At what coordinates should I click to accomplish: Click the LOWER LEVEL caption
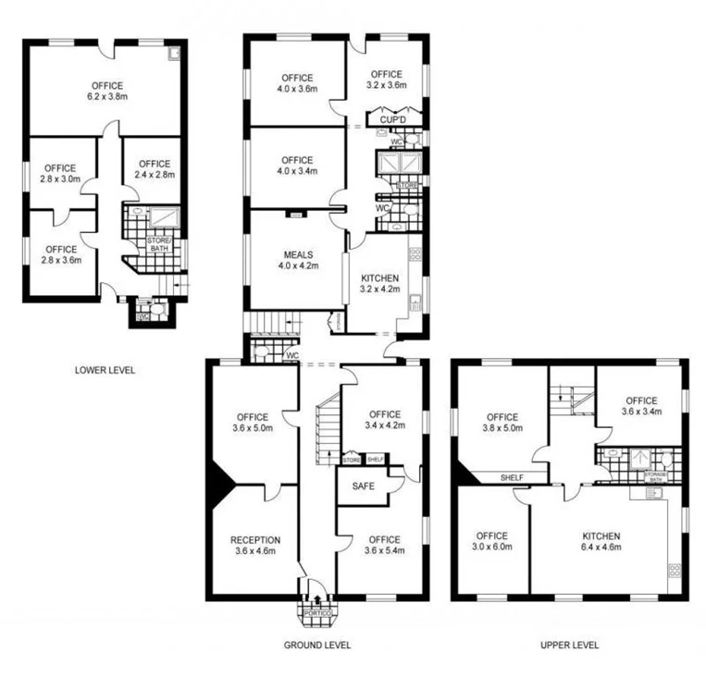pyautogui.click(x=105, y=370)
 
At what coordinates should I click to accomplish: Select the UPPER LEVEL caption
pyautogui.click(x=568, y=645)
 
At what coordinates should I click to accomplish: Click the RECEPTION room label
pyautogui.click(x=255, y=540)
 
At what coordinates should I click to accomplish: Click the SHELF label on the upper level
pyautogui.click(x=512, y=478)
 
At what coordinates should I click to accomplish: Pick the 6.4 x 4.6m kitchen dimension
pyautogui.click(x=601, y=548)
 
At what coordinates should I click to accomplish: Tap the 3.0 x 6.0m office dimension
pyautogui.click(x=491, y=548)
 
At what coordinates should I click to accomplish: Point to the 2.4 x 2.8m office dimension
pyautogui.click(x=153, y=175)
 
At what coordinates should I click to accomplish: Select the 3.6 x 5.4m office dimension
pyautogui.click(x=384, y=552)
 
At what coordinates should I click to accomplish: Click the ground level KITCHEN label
pyautogui.click(x=380, y=277)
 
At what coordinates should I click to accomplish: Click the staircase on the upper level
pyautogui.click(x=565, y=399)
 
